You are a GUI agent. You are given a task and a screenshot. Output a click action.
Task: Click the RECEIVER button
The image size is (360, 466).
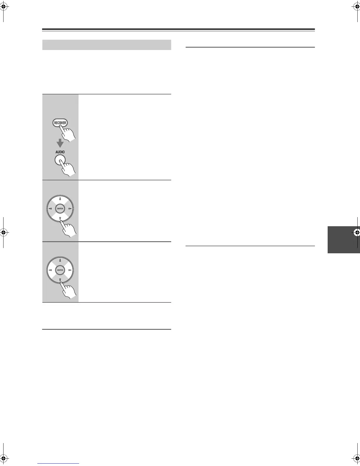click(60, 123)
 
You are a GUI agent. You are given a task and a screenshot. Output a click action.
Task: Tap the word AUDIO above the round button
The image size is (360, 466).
click(60, 152)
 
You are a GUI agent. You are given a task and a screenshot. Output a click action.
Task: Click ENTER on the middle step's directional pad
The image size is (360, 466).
click(60, 209)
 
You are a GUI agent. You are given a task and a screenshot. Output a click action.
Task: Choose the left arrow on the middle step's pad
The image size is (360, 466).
click(50, 209)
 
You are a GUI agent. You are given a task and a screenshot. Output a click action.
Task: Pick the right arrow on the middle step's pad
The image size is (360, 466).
click(70, 209)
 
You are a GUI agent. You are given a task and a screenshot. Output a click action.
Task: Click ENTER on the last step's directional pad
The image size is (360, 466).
click(60, 270)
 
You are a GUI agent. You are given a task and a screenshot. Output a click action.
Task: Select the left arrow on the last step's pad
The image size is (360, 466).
click(50, 270)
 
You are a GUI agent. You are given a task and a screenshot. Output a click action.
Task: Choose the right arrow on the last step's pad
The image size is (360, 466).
click(70, 270)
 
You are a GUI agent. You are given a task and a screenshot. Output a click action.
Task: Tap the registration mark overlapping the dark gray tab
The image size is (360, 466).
click(357, 232)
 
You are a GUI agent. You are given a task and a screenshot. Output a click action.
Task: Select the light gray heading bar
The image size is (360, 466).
click(107, 45)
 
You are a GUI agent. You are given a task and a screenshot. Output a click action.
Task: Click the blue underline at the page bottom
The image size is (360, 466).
click(59, 463)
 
